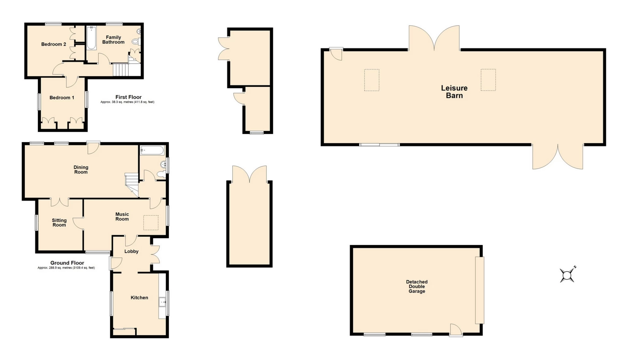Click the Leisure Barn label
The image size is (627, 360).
(454, 92)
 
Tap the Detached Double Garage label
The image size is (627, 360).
(417, 286)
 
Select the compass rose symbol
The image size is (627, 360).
(568, 275)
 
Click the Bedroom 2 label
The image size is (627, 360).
(54, 44)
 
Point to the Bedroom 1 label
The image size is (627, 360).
(62, 98)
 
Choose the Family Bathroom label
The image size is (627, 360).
(113, 40)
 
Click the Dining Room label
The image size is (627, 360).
(81, 170)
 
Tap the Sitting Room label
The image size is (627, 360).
(59, 223)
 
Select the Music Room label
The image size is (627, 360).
(122, 217)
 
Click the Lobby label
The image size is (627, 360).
(131, 252)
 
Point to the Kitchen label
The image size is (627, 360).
(139, 298)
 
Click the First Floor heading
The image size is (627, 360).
(128, 97)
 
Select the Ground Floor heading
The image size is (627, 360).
(67, 263)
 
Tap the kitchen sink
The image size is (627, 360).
(163, 302)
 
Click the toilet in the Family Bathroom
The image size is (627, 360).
(136, 41)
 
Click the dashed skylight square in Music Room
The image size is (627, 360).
(151, 222)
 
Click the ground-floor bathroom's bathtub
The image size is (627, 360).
(152, 151)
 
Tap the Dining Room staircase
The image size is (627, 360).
(131, 185)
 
